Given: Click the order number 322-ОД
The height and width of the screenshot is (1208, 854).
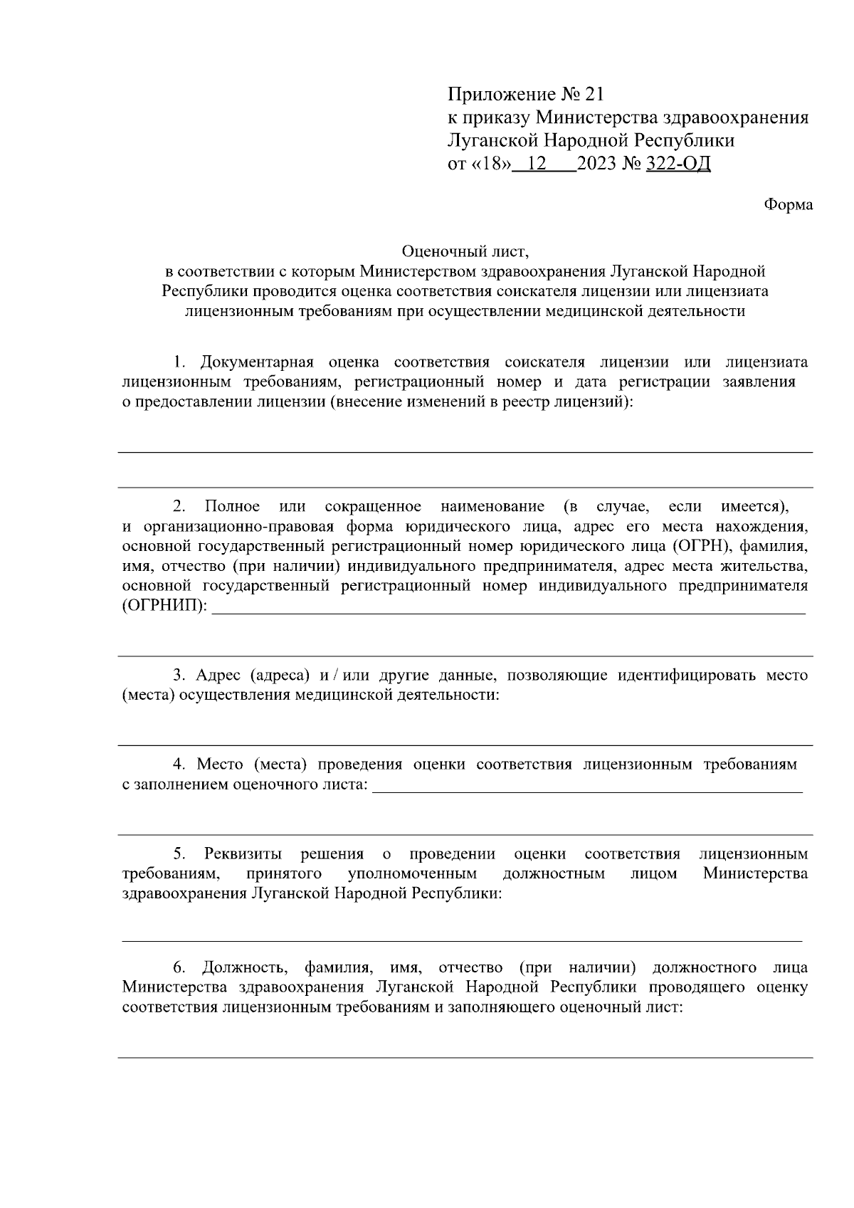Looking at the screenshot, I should pos(678,164).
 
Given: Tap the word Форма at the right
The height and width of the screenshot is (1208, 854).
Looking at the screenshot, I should pos(788,205).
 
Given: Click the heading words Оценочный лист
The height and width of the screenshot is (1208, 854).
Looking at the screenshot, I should pos(465,251).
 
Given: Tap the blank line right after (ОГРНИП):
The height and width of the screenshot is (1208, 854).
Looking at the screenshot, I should pos(509,611).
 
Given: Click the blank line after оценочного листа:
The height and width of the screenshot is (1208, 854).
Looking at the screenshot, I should pos(587,790).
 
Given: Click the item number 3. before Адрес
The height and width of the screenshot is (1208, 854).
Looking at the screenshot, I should pos(179,675).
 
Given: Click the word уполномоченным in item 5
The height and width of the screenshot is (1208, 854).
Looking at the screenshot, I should pos(412,873).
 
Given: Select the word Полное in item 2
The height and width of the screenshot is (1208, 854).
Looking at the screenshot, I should pos(232,507).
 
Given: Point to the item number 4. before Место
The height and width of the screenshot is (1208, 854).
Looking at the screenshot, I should pos(180,765).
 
